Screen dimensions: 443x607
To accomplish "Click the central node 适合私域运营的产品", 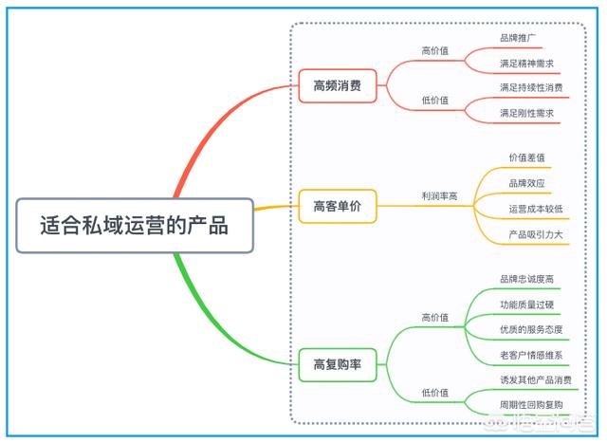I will pyautogui.click(x=135, y=226).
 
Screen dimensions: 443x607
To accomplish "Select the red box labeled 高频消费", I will pyautogui.click(x=337, y=85).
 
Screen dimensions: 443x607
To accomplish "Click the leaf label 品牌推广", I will pyautogui.click(x=518, y=38).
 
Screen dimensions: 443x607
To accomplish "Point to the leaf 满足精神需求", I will pyautogui.click(x=526, y=63).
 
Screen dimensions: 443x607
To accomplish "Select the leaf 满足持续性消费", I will pyautogui.click(x=531, y=88).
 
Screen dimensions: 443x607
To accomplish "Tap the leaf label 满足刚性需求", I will pyautogui.click(x=526, y=113).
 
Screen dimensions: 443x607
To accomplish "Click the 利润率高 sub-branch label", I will pyautogui.click(x=439, y=196).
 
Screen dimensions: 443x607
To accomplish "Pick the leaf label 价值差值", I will pyautogui.click(x=526, y=157).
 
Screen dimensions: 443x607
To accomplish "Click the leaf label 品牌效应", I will pyautogui.click(x=526, y=182).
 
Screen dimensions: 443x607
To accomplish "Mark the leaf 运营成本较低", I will pyautogui.click(x=536, y=208).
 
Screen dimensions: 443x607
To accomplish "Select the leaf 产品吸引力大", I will pyautogui.click(x=536, y=233).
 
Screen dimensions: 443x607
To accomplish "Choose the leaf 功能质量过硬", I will pyautogui.click(x=526, y=305).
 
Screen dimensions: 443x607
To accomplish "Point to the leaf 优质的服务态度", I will pyautogui.click(x=531, y=329).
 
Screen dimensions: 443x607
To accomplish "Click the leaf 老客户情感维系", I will pyautogui.click(x=531, y=355).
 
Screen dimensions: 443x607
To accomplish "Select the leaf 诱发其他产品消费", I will pyautogui.click(x=536, y=380).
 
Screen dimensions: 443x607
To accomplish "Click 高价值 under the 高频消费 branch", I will pyautogui.click(x=434, y=51).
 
